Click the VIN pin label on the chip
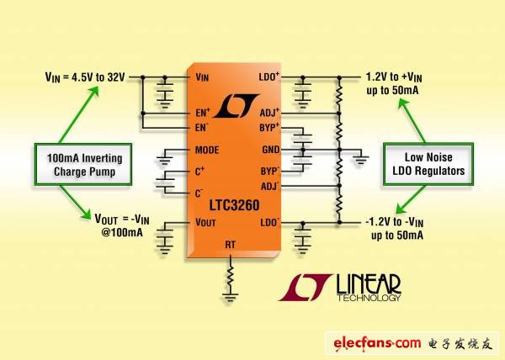point(201,77)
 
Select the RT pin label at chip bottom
point(231,244)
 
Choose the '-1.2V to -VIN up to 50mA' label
point(401,229)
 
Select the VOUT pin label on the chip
point(205,223)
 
